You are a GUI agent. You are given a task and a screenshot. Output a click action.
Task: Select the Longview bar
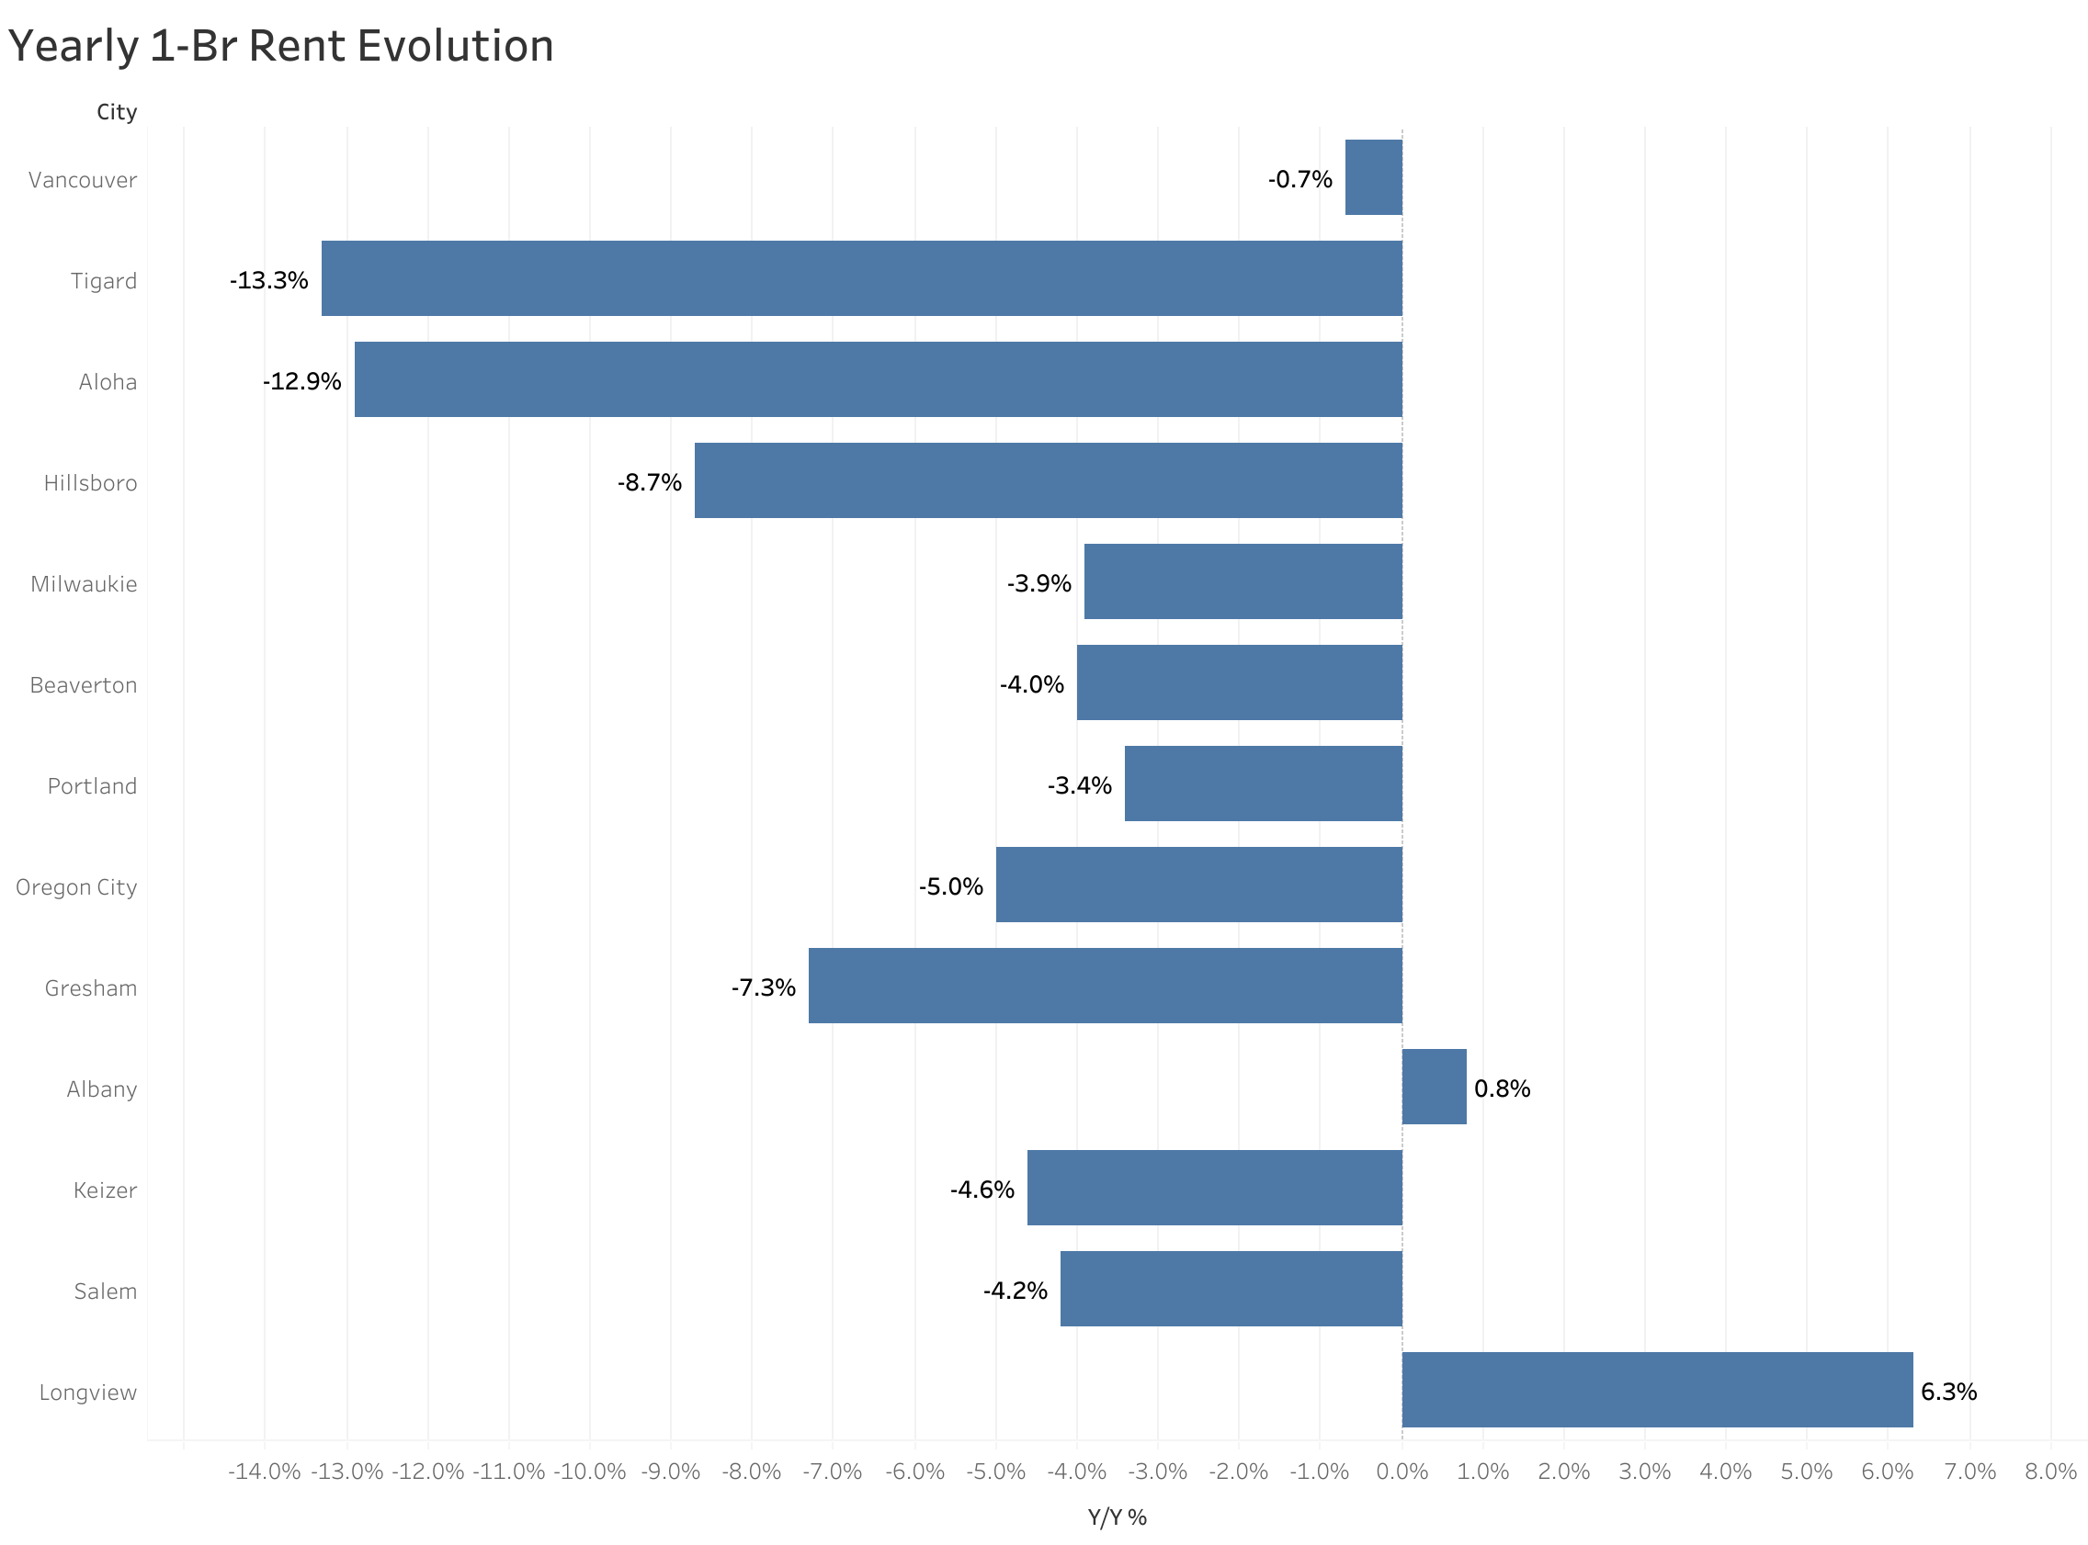click(x=1657, y=1389)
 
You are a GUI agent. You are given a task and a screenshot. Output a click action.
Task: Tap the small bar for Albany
click(x=1433, y=1086)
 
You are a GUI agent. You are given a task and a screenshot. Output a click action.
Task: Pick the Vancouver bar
click(x=1372, y=176)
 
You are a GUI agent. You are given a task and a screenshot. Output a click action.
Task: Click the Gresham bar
click(x=1104, y=985)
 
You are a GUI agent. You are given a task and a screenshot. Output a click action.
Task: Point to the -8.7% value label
click(x=649, y=482)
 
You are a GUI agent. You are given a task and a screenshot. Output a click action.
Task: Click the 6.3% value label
click(x=1947, y=1392)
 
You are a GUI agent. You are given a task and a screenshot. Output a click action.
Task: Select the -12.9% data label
click(x=301, y=381)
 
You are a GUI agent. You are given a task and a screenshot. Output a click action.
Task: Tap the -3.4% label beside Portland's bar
click(x=1079, y=785)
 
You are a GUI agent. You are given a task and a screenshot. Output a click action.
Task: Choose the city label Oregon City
click(x=76, y=886)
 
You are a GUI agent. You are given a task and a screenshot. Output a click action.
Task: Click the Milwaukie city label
click(x=84, y=583)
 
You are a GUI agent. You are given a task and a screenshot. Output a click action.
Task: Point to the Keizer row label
click(x=105, y=1190)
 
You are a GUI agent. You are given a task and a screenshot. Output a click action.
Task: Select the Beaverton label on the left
click(x=84, y=684)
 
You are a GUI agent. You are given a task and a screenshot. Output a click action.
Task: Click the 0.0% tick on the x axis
click(x=1401, y=1472)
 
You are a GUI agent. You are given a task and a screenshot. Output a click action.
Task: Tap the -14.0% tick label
click(x=264, y=1472)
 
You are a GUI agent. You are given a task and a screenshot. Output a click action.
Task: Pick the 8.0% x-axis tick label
click(x=2049, y=1472)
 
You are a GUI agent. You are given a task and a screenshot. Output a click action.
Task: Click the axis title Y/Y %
click(x=1117, y=1517)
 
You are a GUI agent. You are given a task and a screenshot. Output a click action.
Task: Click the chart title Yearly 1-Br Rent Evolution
click(x=280, y=46)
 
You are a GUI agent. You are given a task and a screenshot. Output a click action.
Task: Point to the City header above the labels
click(x=117, y=112)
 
